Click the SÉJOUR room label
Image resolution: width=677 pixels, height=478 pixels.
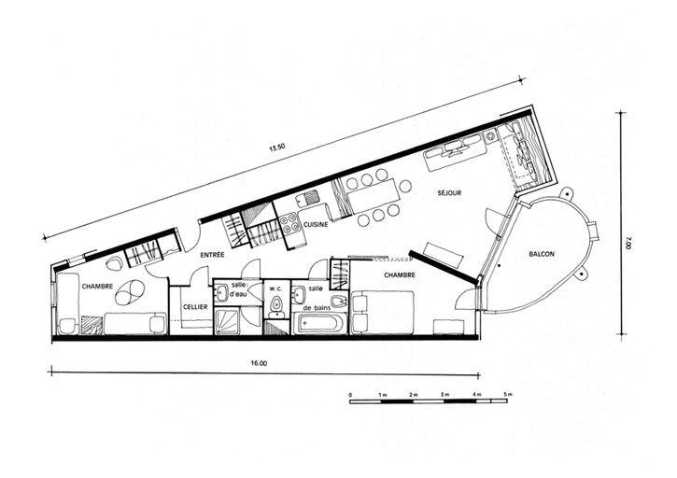tap(449, 193)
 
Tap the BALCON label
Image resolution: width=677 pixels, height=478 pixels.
tap(542, 254)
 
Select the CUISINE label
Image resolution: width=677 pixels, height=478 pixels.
tap(316, 225)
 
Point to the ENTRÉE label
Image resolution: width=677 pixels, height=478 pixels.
tap(212, 255)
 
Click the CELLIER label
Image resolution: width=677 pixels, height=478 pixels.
tap(195, 307)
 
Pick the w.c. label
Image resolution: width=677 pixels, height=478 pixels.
tap(275, 288)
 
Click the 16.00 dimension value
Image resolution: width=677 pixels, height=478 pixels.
tap(259, 363)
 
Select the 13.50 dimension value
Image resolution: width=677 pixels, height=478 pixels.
tap(276, 148)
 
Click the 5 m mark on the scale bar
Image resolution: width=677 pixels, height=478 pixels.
tap(508, 394)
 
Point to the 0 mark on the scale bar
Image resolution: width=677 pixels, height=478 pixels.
tap(350, 395)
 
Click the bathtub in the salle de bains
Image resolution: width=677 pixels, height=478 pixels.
tap(320, 323)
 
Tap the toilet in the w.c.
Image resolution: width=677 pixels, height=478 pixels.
tap(275, 304)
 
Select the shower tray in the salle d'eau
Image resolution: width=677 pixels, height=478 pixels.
tap(227, 322)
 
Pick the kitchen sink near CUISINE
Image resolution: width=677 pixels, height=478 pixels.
tap(308, 199)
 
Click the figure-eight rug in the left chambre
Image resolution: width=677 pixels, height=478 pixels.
tap(130, 292)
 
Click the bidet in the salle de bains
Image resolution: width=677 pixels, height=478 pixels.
tap(338, 301)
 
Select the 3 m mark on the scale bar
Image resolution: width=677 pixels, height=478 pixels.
tap(444, 394)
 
